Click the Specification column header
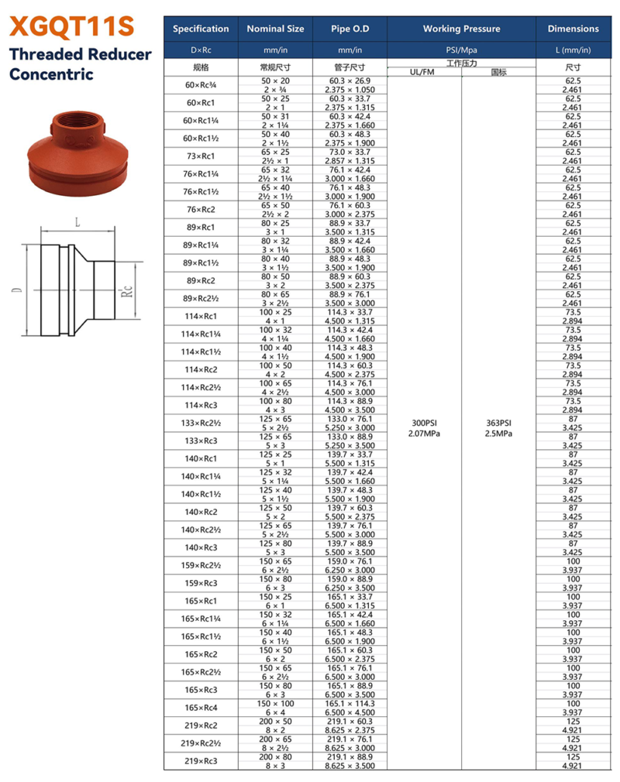201,29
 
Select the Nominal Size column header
275,29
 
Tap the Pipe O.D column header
350,29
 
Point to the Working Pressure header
461,29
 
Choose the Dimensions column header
573,29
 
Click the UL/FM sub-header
424,73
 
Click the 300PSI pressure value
424,423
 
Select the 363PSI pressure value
498,423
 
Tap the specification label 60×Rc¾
200,84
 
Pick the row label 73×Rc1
200,156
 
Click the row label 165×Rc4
200,708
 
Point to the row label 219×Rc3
200,761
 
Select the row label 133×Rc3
200,441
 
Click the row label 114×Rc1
200,316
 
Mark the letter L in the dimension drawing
77,222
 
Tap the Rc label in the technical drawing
129,291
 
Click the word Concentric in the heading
51,75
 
